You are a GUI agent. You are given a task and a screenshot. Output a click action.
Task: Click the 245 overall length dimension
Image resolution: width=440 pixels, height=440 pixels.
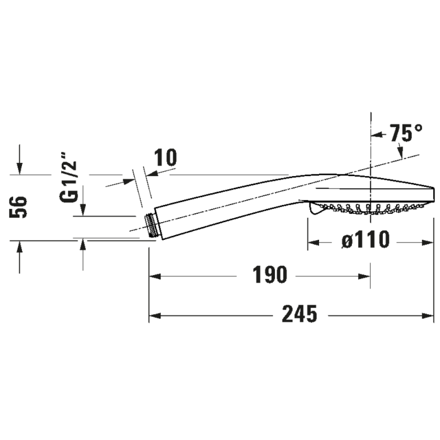pos(299,313)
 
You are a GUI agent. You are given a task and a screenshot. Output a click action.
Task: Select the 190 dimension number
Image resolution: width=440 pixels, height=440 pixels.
pos(270,274)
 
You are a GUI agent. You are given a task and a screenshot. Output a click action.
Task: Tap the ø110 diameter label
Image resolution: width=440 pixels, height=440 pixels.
pos(366,240)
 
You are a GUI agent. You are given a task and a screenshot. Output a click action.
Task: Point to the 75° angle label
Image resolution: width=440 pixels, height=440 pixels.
pos(406,133)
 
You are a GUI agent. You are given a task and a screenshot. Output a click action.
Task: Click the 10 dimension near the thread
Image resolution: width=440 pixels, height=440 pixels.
pos(166,157)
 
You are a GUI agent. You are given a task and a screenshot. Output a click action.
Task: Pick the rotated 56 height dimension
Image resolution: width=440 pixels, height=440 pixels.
pos(18,207)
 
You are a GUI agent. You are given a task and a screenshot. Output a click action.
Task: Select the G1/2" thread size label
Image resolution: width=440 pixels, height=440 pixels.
pos(68,177)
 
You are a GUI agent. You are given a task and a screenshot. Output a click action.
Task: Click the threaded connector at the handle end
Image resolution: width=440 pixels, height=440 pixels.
pos(151,226)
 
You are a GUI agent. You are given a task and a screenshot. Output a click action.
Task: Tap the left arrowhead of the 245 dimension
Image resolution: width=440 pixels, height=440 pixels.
pos(155,316)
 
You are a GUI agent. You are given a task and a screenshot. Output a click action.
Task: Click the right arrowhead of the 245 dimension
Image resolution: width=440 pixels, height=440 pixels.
pos(428,316)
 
